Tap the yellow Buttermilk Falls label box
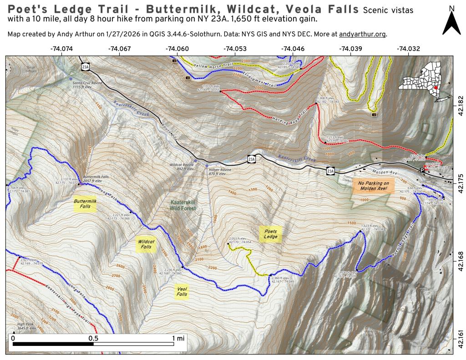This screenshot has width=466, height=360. [x=86, y=203]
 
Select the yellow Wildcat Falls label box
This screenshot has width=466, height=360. [x=146, y=244]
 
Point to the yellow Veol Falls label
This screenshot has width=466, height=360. [x=182, y=291]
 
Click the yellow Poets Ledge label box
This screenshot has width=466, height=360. [x=271, y=234]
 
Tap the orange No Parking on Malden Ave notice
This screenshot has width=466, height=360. [x=373, y=185]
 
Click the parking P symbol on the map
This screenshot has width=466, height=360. [x=421, y=170]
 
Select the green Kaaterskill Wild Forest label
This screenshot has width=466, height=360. [x=183, y=205]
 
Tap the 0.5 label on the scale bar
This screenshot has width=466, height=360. [x=94, y=338]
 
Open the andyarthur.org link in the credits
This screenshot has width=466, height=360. [x=362, y=35]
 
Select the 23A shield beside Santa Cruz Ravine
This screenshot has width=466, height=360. [x=85, y=67]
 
